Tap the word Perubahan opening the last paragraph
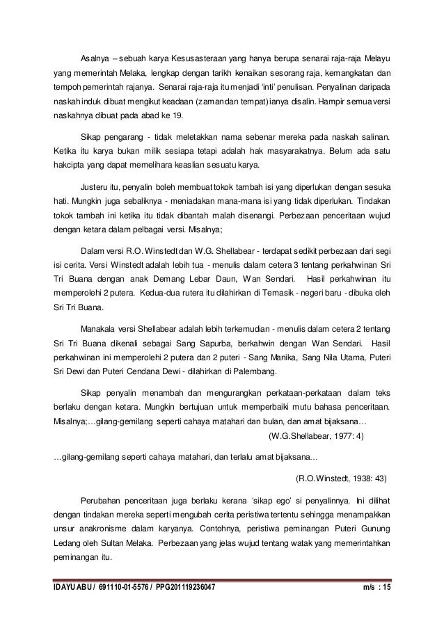[x=101, y=501]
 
